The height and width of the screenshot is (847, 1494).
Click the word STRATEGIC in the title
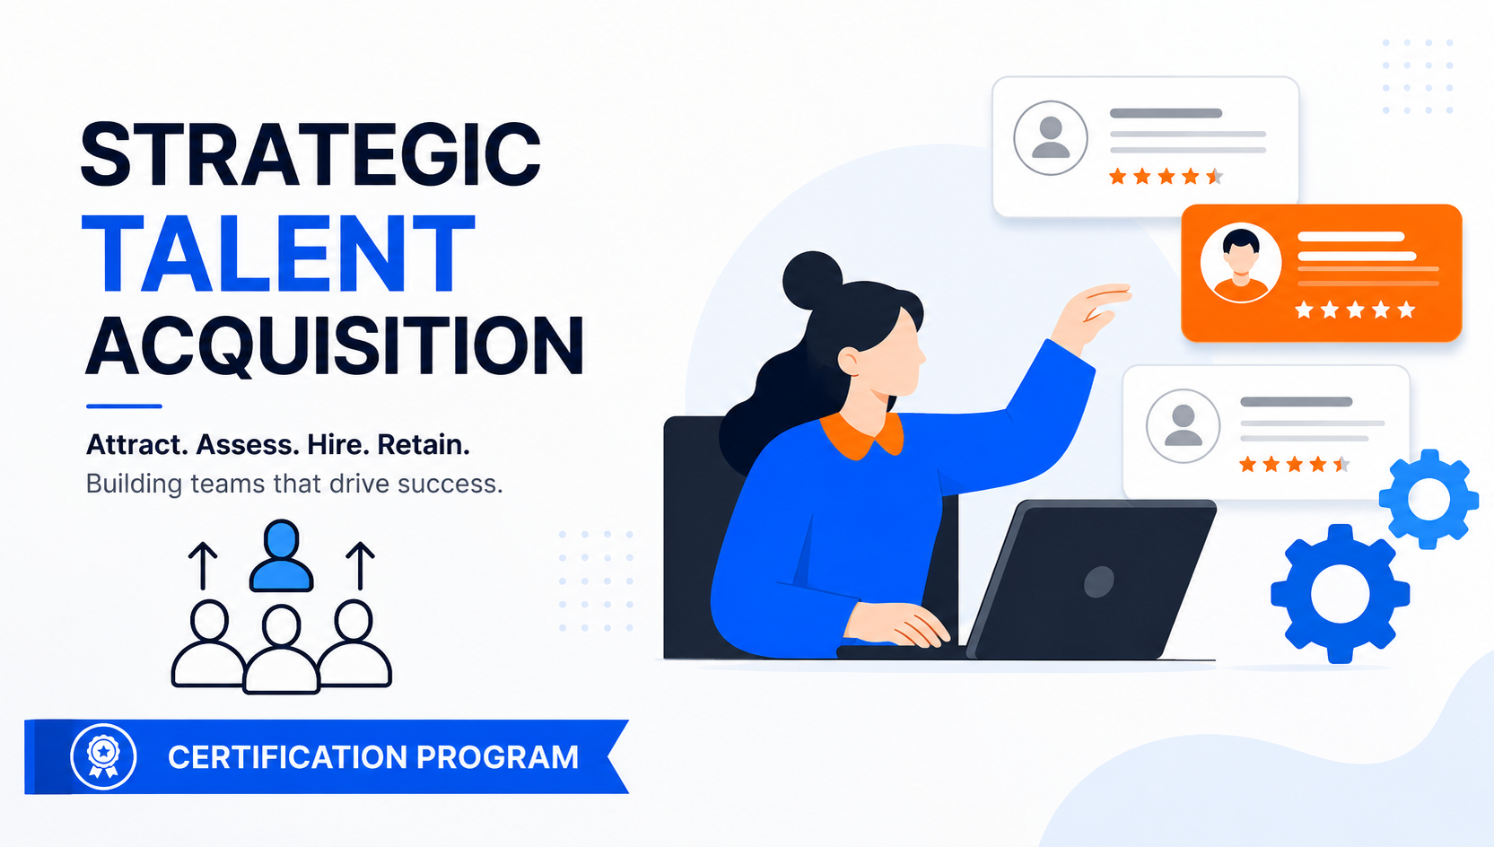(310, 154)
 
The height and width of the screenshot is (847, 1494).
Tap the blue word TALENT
(278, 254)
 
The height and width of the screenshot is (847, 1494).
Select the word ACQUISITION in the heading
(336, 346)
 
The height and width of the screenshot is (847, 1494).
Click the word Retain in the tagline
(424, 445)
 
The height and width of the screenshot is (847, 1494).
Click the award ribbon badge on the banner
(103, 757)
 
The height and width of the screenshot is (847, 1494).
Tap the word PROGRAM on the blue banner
(498, 757)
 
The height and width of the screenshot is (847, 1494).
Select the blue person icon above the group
(281, 555)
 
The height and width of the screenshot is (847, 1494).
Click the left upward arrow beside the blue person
(203, 565)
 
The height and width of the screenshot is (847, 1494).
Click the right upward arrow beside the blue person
(360, 565)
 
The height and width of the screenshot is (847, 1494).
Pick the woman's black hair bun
(812, 280)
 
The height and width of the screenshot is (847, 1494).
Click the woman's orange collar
(862, 435)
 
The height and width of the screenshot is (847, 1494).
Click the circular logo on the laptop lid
(1098, 581)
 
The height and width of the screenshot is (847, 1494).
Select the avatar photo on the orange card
(1241, 263)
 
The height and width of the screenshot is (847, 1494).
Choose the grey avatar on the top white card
(1051, 138)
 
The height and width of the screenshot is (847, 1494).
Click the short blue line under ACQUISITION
(124, 406)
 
